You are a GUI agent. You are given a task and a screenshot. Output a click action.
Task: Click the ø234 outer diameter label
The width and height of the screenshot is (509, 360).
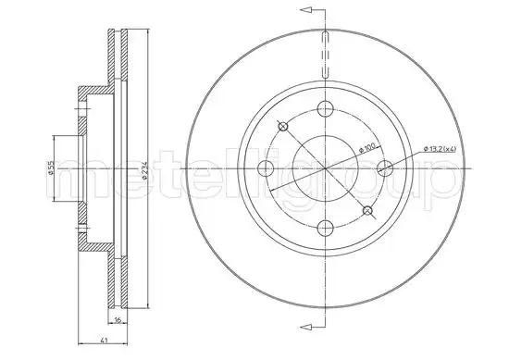tap(145, 169)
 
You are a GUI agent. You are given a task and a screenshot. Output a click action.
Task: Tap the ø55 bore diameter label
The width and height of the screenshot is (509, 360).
tap(50, 168)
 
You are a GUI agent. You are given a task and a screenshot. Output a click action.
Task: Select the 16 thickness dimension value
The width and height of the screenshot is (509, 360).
tap(118, 320)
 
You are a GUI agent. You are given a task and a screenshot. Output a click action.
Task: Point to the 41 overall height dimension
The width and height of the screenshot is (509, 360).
tap(104, 341)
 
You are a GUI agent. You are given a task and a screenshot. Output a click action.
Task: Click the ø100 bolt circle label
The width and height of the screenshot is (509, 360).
tap(367, 148)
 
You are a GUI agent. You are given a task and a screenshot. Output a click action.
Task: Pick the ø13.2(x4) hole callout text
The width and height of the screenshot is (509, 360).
tap(441, 149)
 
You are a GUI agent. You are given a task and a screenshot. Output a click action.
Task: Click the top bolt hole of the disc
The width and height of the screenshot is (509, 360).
tap(325, 109)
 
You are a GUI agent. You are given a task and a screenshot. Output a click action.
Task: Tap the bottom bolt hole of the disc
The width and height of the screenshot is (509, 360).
tap(325, 229)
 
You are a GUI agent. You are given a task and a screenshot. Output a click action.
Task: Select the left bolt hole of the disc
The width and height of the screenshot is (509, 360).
tap(266, 168)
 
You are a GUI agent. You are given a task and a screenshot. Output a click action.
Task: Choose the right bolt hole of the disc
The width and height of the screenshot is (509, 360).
tap(385, 168)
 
